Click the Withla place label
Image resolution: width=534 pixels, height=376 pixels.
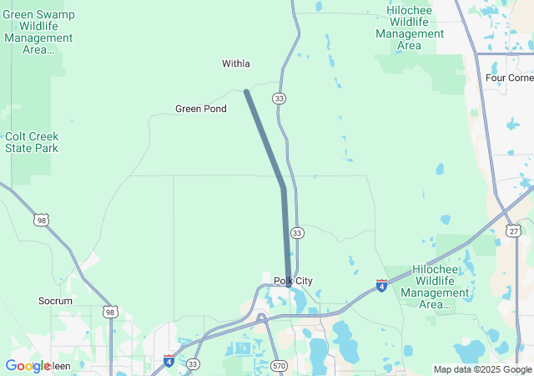coord(236,64)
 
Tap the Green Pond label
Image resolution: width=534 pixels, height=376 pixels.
coord(200,109)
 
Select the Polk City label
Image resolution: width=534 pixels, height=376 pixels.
coord(293,281)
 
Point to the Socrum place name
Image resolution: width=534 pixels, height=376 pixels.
coord(56,301)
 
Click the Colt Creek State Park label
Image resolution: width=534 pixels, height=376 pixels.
coord(32,142)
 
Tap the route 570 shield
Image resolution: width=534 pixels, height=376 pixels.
coord(279,365)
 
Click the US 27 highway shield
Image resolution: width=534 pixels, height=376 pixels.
coord(514,231)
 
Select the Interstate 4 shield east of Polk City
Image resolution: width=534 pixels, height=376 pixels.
coord(381,286)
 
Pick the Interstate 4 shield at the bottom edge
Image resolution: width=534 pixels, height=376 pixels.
coord(169,360)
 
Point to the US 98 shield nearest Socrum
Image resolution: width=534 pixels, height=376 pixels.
coord(110,312)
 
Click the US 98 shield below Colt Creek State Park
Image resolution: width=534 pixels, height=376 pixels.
coord(41,220)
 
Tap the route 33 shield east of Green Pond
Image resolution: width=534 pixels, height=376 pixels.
coord(279,99)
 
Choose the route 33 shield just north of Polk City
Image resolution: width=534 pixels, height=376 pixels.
coord(298,232)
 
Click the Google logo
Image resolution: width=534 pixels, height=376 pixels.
coord(28,366)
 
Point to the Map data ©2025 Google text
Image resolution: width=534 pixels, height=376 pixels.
coord(482,369)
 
